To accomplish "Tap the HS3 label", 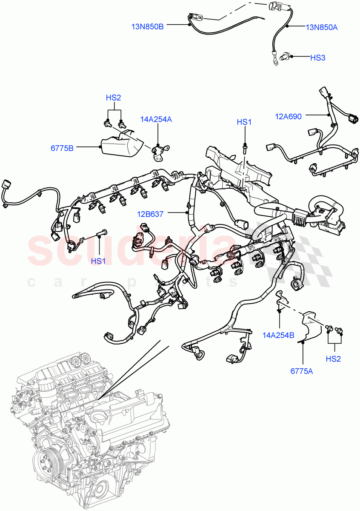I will pyautogui.click(x=317, y=57).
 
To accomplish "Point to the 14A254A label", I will pyautogui.click(x=157, y=120).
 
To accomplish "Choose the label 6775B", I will pyautogui.click(x=62, y=148).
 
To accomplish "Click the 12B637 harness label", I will pyautogui.click(x=151, y=214).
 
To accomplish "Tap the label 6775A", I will pyautogui.click(x=302, y=371).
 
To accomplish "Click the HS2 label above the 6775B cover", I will pyautogui.click(x=114, y=98).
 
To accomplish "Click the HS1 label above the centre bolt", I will pyautogui.click(x=244, y=122).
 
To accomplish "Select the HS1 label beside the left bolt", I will pyautogui.click(x=98, y=261).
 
